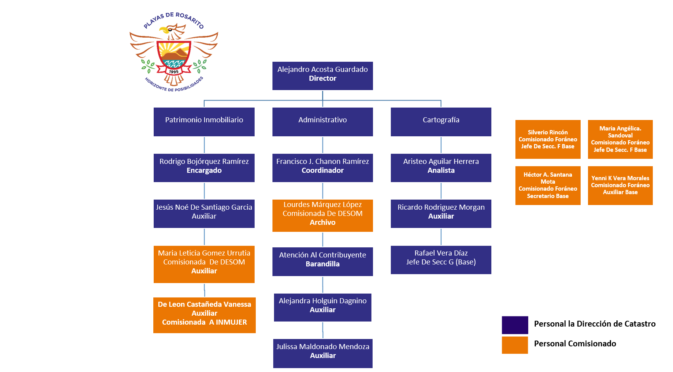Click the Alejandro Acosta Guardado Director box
tap(323, 76)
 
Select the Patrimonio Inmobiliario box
tap(204, 122)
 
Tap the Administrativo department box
tap(323, 122)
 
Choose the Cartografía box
tap(441, 122)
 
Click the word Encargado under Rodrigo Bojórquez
tap(204, 170)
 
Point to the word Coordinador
tap(323, 170)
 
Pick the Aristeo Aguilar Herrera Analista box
tap(441, 168)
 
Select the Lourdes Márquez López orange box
tap(323, 216)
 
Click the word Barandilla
tap(323, 264)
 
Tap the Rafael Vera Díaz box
tap(441, 260)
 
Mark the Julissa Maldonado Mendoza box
tap(323, 353)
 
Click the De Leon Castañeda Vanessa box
tap(205, 315)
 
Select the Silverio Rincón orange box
tap(548, 139)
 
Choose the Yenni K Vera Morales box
tap(620, 186)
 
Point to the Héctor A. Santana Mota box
tap(548, 186)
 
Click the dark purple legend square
tap(515, 325)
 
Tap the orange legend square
tap(515, 345)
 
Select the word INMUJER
tap(231, 322)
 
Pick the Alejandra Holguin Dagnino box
tap(323, 308)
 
